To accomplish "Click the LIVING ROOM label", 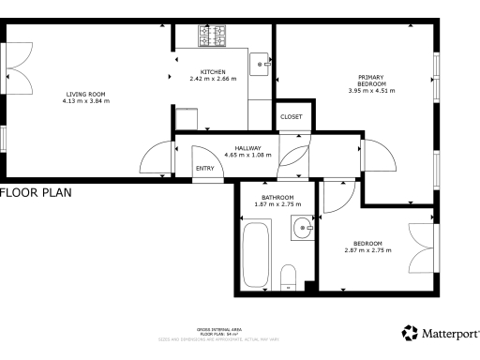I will [x=87, y=93].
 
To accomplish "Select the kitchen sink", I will [x=261, y=65].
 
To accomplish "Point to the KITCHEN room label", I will [x=212, y=72].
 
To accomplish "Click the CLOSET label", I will [x=292, y=116].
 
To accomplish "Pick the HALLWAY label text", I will [x=247, y=147].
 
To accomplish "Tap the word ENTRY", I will [x=204, y=169].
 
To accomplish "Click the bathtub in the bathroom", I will [x=256, y=252].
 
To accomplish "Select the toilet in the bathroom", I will [x=289, y=276].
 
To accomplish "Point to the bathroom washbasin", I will [x=303, y=228].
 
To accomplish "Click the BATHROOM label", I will [x=277, y=197].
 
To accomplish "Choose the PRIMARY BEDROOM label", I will [x=371, y=81].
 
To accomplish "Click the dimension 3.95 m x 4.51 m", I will [x=371, y=91].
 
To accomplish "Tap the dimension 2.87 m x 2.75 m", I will [x=367, y=250].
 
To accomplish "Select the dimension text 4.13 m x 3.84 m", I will [x=87, y=99].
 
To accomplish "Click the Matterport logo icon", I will [x=410, y=333].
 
